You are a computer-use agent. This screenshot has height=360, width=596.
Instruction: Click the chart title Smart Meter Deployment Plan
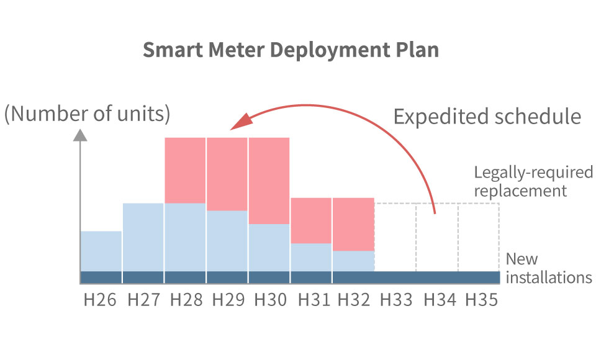click(291, 50)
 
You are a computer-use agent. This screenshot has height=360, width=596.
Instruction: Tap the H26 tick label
click(101, 300)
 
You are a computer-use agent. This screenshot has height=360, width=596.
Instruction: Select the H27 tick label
click(143, 300)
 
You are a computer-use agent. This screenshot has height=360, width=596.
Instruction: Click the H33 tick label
click(396, 300)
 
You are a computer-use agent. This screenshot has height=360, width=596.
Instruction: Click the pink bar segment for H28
click(185, 170)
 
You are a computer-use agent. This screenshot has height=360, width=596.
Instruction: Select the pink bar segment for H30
click(269, 180)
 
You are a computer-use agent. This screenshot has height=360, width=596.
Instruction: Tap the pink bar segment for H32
click(353, 224)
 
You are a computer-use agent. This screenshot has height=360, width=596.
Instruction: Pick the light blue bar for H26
click(101, 251)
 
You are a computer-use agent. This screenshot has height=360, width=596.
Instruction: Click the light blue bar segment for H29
click(227, 241)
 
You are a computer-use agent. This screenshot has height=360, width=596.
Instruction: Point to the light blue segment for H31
click(311, 257)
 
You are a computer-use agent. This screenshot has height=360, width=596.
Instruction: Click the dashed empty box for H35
click(479, 236)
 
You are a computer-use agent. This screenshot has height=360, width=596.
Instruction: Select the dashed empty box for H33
click(395, 236)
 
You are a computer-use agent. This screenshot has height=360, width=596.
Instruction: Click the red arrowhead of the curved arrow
click(238, 122)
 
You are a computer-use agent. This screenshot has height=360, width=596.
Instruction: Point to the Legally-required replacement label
click(520, 181)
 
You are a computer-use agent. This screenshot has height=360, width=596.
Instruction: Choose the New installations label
click(549, 268)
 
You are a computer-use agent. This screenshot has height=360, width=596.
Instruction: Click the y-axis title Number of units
click(87, 114)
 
